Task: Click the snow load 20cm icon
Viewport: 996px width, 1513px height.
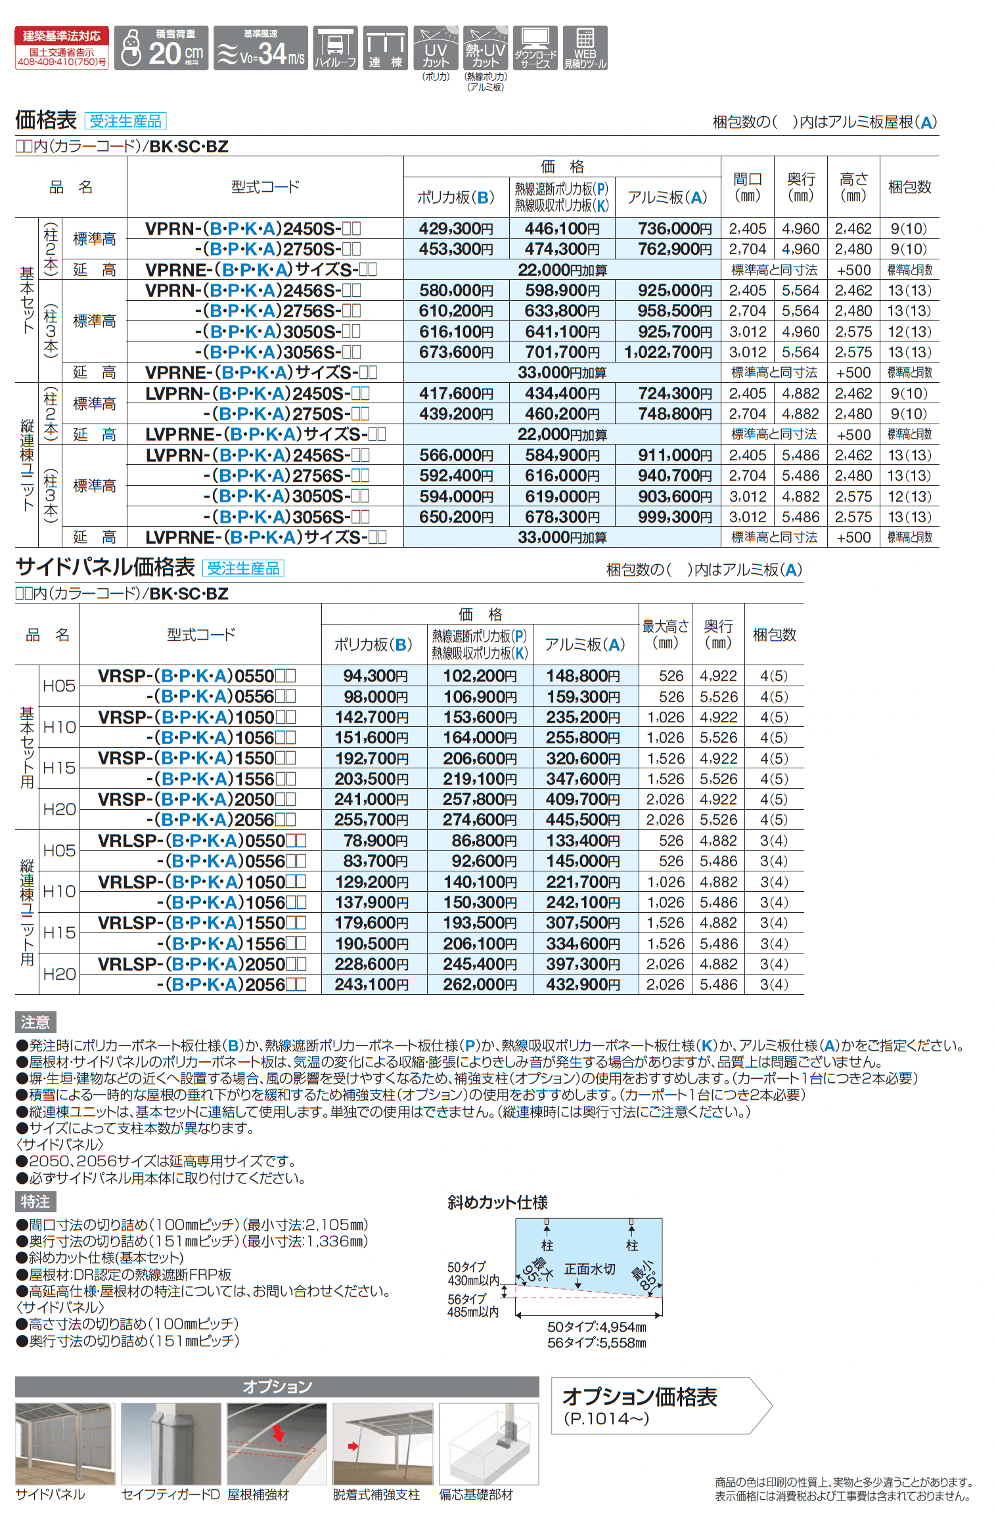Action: [x=161, y=48]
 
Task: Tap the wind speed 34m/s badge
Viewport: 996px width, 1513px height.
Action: [x=261, y=48]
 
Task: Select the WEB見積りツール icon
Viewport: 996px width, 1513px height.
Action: [x=585, y=48]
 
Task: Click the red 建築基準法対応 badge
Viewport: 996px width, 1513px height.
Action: [x=62, y=48]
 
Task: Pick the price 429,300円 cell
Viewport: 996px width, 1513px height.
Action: [x=456, y=229]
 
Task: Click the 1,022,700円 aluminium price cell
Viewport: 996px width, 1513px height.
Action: [x=668, y=352]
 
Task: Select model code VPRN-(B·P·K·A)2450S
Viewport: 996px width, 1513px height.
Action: [x=253, y=229]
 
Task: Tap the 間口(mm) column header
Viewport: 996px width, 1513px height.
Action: [x=747, y=187]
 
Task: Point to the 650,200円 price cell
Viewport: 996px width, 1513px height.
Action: [x=456, y=517]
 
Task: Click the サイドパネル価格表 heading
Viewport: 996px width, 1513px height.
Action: [x=105, y=567]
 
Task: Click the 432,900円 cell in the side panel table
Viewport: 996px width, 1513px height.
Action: [x=583, y=984]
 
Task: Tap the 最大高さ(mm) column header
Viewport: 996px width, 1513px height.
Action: [x=665, y=634]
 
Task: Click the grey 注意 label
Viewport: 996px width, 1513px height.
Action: [x=35, y=1022]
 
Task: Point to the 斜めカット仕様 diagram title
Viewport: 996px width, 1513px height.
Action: [x=497, y=1202]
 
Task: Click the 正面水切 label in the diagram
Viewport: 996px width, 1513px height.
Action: [x=589, y=1269]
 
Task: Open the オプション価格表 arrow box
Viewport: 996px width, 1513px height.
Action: [x=660, y=1405]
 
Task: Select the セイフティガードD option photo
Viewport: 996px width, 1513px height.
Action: [x=171, y=1444]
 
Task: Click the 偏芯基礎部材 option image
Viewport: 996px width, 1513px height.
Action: [x=488, y=1444]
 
